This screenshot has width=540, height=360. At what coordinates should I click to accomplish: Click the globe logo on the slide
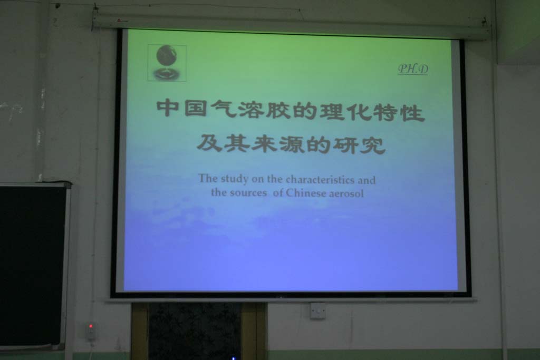tap(167, 63)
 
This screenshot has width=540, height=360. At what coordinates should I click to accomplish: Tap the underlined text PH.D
tap(413, 69)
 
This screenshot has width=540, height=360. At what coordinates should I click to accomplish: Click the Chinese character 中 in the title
tap(168, 108)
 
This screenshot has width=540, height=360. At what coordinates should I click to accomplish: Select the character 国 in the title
tap(195, 109)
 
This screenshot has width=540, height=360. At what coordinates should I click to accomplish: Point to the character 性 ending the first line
tap(413, 113)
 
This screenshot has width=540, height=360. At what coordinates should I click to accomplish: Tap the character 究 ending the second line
tap(373, 145)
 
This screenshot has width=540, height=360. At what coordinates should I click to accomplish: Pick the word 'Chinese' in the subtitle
tap(305, 193)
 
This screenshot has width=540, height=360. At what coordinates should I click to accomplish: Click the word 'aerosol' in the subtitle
tap(346, 193)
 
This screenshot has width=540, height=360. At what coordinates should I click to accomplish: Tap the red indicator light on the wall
tap(91, 326)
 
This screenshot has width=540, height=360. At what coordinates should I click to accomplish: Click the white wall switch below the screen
tap(317, 311)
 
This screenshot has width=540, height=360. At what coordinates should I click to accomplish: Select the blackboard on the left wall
tap(33, 265)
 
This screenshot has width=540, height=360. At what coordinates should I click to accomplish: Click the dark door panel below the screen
tap(195, 331)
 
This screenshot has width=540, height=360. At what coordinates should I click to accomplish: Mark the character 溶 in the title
tap(249, 110)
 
